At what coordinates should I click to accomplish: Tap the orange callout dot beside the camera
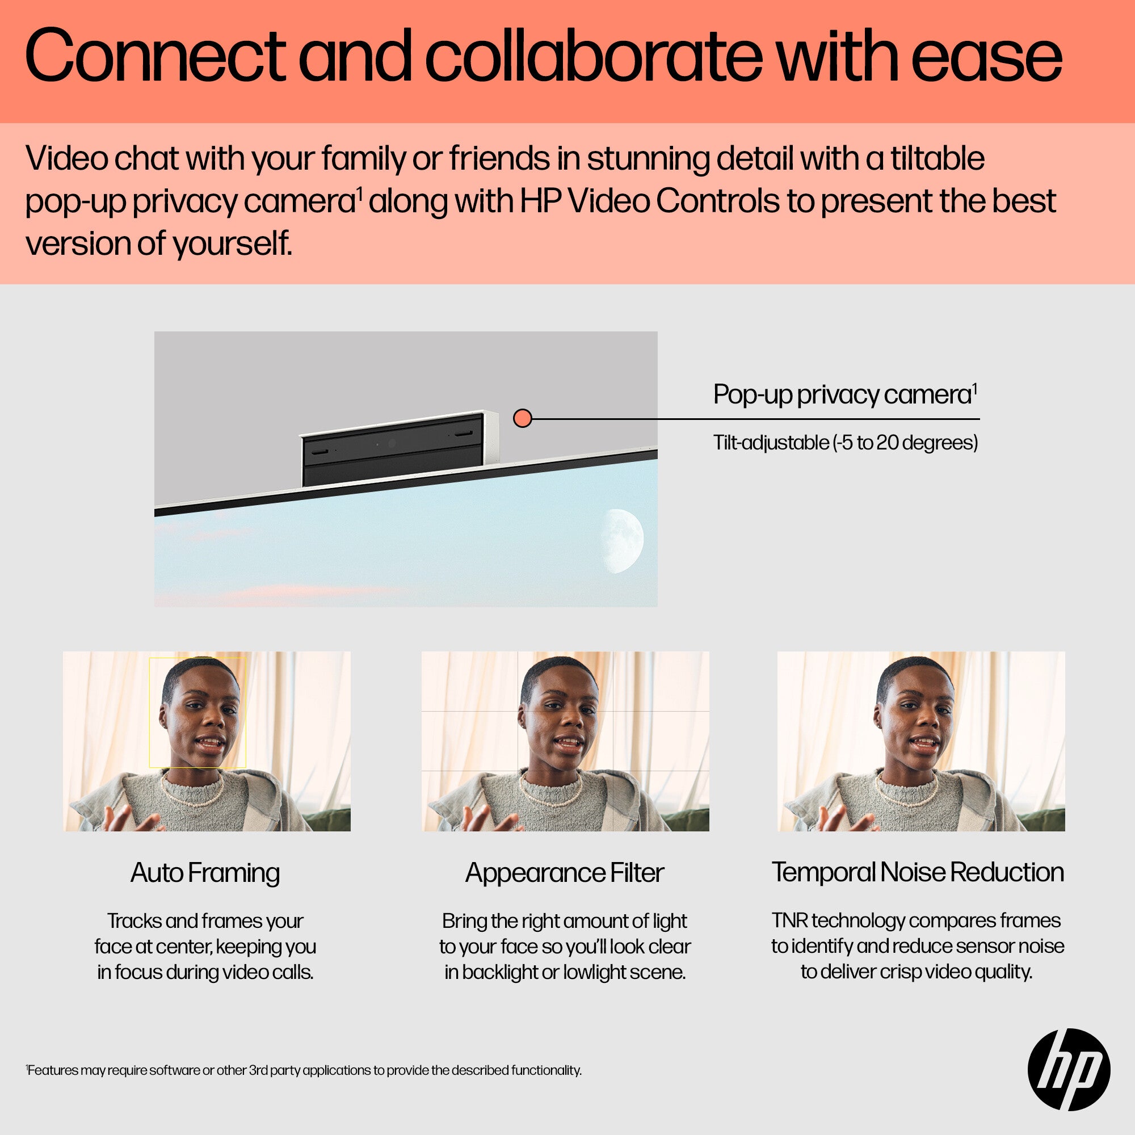(522, 418)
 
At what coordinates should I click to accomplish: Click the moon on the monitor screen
(624, 541)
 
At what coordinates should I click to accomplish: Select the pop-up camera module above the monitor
(399, 449)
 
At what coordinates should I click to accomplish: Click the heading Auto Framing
(205, 872)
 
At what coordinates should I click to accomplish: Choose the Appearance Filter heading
(565, 872)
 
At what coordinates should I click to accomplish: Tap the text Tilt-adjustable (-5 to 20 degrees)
(846, 443)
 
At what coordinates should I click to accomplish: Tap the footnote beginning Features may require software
(304, 1070)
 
